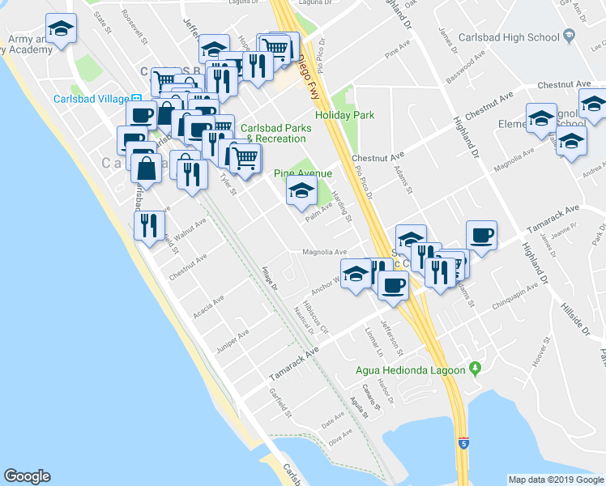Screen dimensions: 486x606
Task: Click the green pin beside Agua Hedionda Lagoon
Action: click(x=476, y=369)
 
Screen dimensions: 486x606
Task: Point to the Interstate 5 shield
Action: click(x=463, y=443)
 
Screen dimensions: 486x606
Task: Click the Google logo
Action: click(x=28, y=475)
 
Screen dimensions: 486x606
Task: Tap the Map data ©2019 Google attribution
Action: click(x=556, y=480)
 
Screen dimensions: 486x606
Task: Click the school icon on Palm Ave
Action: click(x=301, y=192)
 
